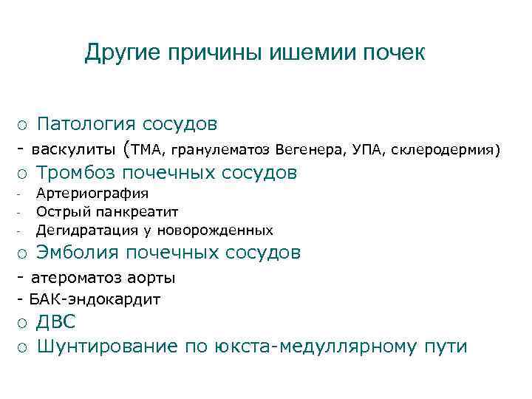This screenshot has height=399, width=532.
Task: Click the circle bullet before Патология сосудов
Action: pos(24,123)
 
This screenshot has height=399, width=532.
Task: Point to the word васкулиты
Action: pos(72,150)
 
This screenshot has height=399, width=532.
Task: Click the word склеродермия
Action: pos(444,151)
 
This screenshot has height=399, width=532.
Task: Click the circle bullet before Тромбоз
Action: pos(24,174)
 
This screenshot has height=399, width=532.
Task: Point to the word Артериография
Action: pos(92,194)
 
